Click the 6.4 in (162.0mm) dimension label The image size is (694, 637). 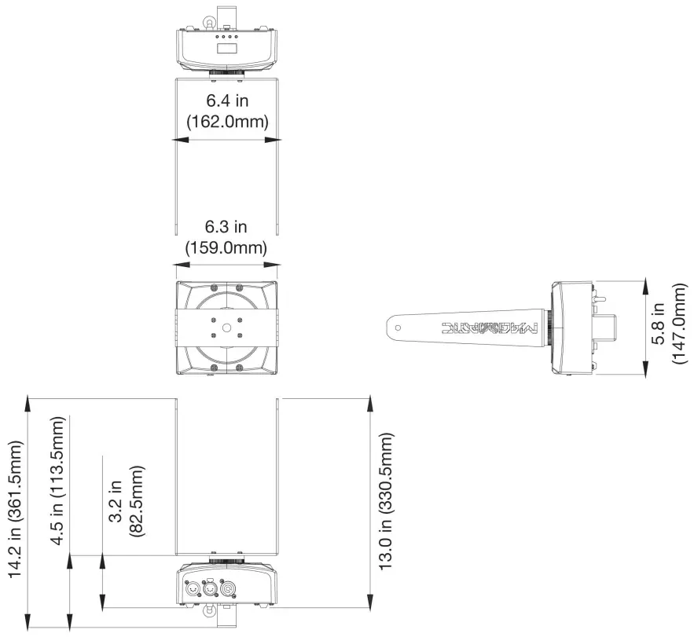(226, 111)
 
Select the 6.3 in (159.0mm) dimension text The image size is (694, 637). (226, 237)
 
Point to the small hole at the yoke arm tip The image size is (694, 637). (397, 323)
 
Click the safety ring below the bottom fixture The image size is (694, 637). (210, 616)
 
